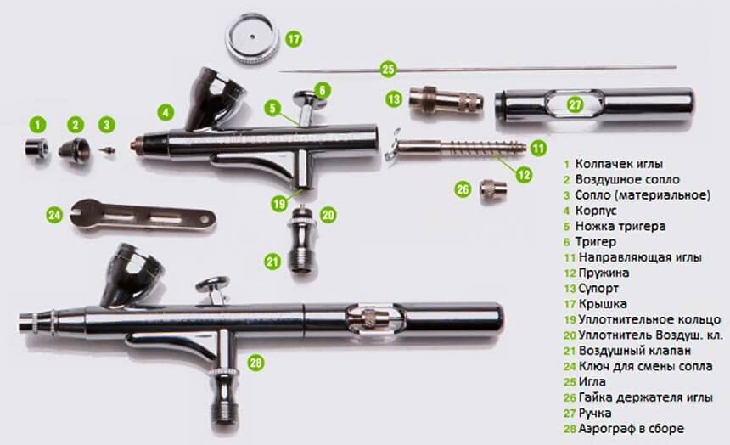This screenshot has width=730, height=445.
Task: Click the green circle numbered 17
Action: (294, 39)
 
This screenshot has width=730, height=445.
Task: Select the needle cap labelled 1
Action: (37, 148)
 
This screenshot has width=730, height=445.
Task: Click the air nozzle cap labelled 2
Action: (75, 148)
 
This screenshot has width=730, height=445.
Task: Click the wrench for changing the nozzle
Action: (143, 214)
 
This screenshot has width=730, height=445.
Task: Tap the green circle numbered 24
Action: (55, 215)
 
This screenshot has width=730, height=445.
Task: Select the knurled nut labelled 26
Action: (493, 189)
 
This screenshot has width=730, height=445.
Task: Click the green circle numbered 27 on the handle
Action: (575, 104)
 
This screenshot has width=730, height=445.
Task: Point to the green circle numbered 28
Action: (255, 363)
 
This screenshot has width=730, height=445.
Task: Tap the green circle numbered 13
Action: (394, 99)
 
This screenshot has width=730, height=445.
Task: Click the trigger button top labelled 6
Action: (310, 97)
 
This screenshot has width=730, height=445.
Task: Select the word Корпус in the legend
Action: (596, 211)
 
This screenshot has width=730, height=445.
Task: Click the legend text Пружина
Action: (604, 273)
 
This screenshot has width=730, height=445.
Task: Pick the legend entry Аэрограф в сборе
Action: (631, 429)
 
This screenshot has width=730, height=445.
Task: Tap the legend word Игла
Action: (592, 381)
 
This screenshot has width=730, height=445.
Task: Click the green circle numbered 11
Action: (538, 148)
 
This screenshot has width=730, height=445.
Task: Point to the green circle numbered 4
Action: (166, 112)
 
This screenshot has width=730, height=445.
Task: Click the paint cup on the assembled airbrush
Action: (132, 275)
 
